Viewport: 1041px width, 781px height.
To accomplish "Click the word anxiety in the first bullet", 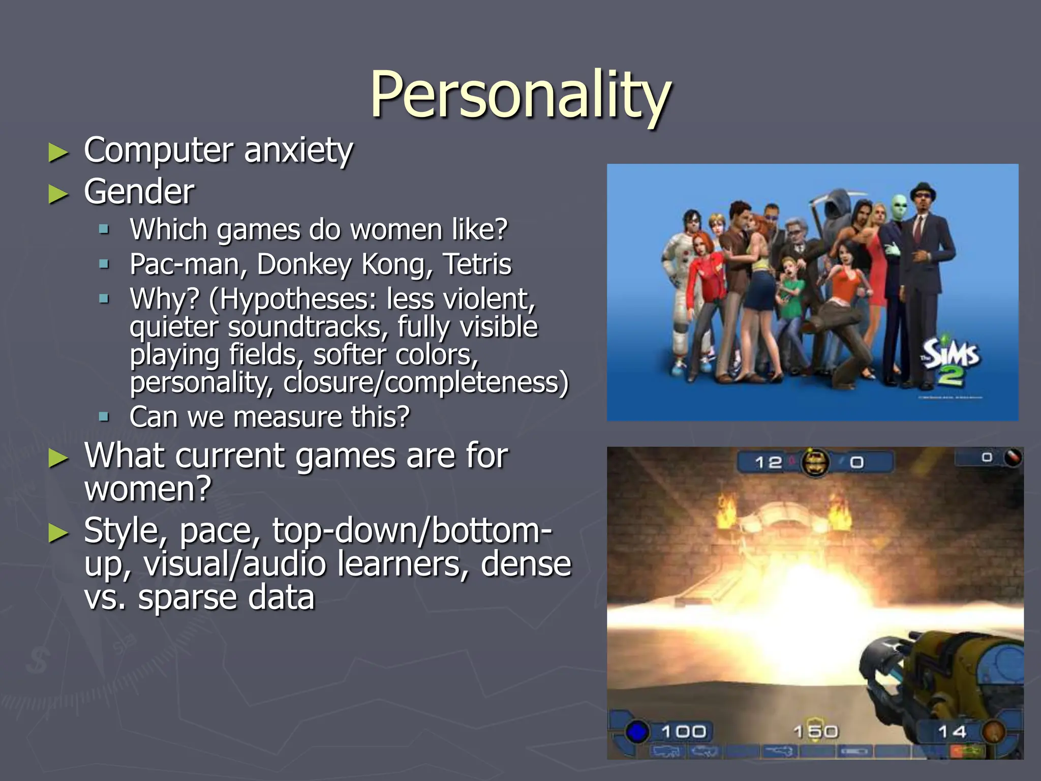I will point(298,151).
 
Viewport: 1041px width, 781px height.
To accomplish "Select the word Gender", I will point(139,192).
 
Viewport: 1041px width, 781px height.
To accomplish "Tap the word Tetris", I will point(477,264).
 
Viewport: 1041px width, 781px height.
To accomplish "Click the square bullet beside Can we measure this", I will point(104,417).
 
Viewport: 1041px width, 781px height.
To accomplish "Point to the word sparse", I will point(190,598).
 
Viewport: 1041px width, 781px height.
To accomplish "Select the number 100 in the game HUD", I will point(684,732).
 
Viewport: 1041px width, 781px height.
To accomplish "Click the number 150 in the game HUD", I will point(815,732).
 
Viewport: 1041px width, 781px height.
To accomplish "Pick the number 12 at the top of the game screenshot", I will point(768,462).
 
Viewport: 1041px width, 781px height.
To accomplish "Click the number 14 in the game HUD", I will point(952,732).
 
